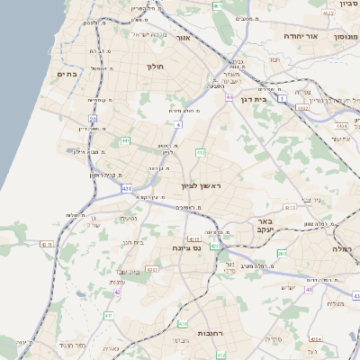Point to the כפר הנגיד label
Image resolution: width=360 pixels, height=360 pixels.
tap(71, 346)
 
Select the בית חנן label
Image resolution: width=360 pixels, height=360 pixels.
tap(133, 241)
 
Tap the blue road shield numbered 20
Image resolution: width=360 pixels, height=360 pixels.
tap(92, 118)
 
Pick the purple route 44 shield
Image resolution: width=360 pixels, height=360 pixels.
tap(229, 97)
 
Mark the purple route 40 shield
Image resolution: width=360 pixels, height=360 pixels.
tap(309, 289)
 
